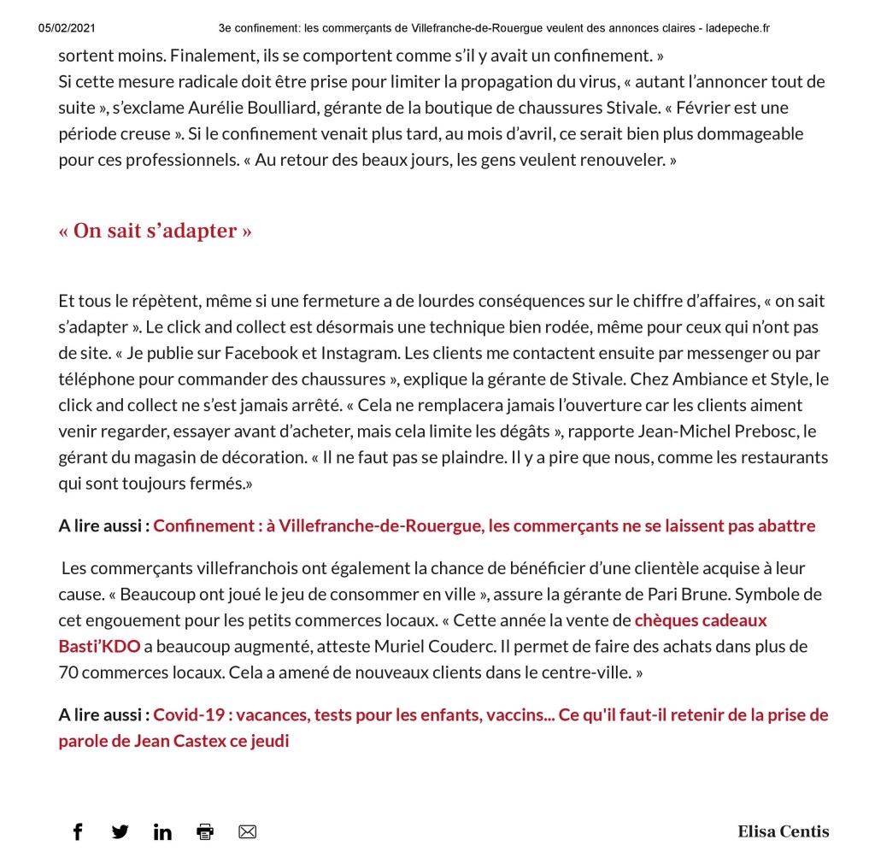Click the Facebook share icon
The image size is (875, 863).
(x=78, y=831)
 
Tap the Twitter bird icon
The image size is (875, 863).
(x=120, y=831)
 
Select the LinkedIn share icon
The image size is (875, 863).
(x=162, y=831)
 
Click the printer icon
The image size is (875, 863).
(x=205, y=831)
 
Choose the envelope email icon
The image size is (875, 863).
(x=247, y=831)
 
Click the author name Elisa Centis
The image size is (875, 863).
(x=783, y=831)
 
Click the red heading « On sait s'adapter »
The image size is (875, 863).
(x=155, y=231)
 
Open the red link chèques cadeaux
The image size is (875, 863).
(x=701, y=620)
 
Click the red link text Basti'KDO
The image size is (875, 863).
(x=99, y=646)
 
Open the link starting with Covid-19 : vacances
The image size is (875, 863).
(x=490, y=714)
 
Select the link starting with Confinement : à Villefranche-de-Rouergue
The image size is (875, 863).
(x=484, y=525)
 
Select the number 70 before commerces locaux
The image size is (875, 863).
(x=69, y=672)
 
